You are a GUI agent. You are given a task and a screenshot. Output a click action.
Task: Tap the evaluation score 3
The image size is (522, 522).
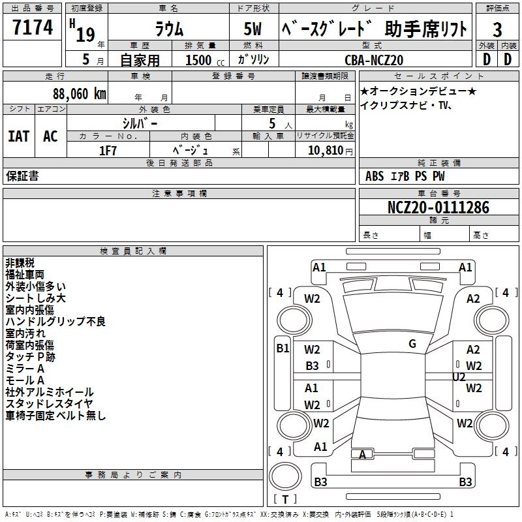tap(497, 30)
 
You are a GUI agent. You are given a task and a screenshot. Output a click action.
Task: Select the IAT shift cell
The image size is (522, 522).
tap(19, 136)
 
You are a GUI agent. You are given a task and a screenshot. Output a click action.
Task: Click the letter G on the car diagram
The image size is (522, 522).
tap(412, 344)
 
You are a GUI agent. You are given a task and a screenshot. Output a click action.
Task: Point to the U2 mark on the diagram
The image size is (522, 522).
tap(459, 376)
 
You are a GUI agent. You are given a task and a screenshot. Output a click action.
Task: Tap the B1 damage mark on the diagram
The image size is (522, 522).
tap(282, 348)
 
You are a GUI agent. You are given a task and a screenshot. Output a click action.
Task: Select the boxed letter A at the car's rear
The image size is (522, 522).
tap(362, 454)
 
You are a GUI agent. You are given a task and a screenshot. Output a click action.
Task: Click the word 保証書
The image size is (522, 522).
tap(22, 176)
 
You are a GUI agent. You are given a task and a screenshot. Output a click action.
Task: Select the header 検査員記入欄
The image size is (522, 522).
tap(133, 251)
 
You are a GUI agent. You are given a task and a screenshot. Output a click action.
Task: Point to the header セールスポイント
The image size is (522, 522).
tap(438, 76)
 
